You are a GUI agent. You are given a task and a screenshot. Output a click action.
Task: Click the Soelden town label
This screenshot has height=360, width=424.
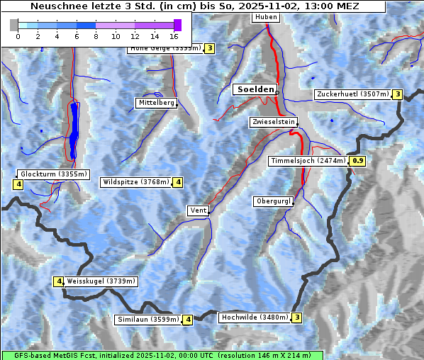coord(254,89)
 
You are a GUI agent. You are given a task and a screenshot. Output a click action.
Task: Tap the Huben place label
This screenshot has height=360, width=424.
coord(266,16)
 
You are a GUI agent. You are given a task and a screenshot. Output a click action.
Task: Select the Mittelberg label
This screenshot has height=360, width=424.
coord(156,103)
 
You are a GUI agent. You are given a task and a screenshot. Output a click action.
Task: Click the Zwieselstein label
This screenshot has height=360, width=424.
coord(273,122)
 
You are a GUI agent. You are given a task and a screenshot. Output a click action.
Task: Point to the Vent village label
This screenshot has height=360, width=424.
coord(198,210)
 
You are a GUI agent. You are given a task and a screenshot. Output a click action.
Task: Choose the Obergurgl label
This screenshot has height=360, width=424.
coord(272,201)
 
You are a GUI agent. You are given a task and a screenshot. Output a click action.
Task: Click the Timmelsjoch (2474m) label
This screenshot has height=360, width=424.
coord(308,161)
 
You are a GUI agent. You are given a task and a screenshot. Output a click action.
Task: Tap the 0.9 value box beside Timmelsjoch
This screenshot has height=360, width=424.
coord(358,161)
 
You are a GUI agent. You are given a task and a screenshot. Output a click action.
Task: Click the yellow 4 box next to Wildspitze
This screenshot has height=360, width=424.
coord(178,182)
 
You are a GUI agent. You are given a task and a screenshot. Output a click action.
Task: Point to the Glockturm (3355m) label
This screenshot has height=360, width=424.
coord(53,174)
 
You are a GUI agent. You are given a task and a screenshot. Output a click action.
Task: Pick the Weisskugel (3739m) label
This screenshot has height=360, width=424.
coord(101,281)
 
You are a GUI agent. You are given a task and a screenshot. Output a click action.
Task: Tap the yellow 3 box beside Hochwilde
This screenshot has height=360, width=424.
coord(297,317)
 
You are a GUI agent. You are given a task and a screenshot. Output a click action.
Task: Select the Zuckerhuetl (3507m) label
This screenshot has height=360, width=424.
coord(353,94)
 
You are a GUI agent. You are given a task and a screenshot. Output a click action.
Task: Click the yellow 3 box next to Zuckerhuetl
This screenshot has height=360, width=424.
coord(398,94)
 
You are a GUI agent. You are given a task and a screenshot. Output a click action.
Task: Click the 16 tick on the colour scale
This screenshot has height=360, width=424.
coord(174,35)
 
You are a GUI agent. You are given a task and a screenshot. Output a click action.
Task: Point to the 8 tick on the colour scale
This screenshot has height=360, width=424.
coord(96,35)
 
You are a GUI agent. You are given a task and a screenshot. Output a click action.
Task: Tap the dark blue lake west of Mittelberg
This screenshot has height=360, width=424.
coord(74,131)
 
